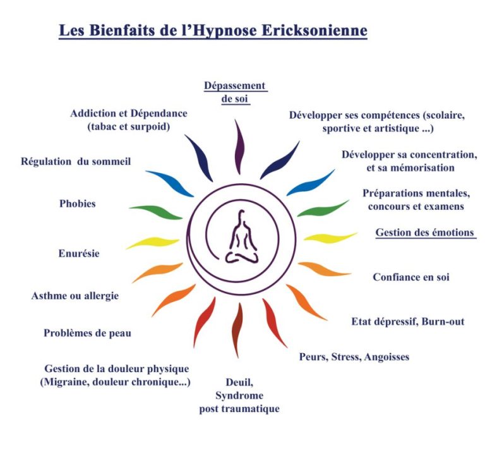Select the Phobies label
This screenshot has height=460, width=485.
click(x=77, y=203)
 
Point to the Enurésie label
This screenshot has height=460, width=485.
click(x=79, y=253)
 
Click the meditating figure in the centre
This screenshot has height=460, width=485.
click(x=241, y=237)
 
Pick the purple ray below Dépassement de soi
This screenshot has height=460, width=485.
click(x=239, y=147)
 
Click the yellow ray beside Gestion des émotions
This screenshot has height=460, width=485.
click(x=330, y=238)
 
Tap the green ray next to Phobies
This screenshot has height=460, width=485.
click(x=155, y=212)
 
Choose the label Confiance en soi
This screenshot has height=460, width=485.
click(x=411, y=277)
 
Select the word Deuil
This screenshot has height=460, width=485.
click(x=239, y=383)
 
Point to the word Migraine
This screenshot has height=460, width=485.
click(x=66, y=382)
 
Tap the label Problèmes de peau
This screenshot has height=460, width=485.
click(x=88, y=333)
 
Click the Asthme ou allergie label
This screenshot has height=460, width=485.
click(x=75, y=296)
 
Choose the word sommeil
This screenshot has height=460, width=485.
click(x=111, y=161)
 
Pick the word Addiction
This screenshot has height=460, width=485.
click(x=94, y=113)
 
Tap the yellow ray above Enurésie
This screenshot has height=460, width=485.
click(x=153, y=243)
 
